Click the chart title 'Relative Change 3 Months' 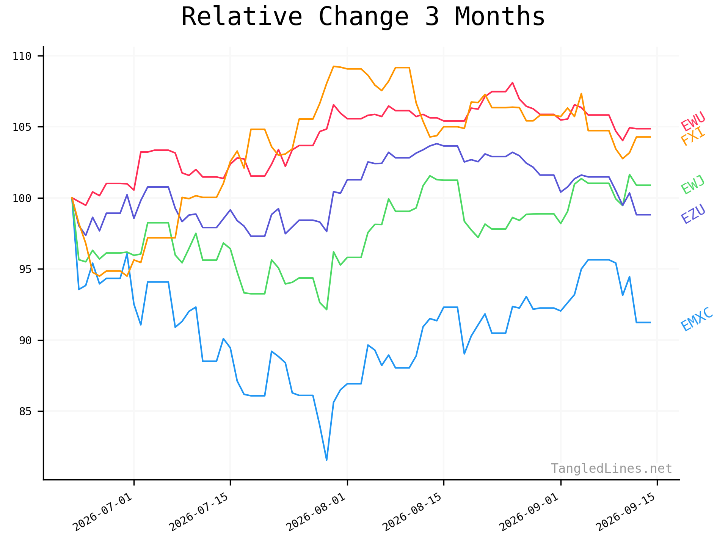(363, 17)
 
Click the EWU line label (693, 121)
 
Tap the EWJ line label (693, 185)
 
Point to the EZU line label (693, 214)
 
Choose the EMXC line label (697, 319)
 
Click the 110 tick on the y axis (22, 56)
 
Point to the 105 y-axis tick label (22, 127)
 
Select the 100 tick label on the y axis (22, 198)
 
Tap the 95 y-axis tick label (25, 269)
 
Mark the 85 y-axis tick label (25, 411)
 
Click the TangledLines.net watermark (612, 469)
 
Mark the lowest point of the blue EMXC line (326, 460)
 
